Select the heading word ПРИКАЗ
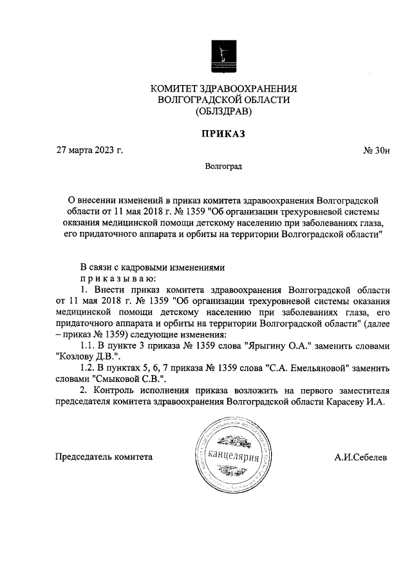pyautogui.click(x=223, y=134)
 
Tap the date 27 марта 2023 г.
pyautogui.click(x=89, y=151)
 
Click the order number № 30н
pyautogui.click(x=376, y=151)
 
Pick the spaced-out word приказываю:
pyautogui.click(x=116, y=278)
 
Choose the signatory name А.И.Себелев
pyautogui.click(x=360, y=457)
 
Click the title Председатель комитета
pyautogui.click(x=104, y=457)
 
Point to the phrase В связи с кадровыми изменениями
pyautogui.click(x=154, y=267)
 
